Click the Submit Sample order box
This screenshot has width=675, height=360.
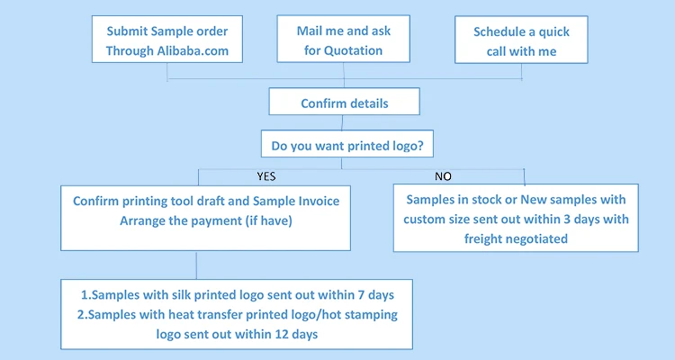pyautogui.click(x=167, y=41)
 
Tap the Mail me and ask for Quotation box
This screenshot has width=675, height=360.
pyautogui.click(x=344, y=41)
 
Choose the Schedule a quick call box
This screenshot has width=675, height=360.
pyautogui.click(x=521, y=41)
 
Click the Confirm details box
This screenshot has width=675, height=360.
pyautogui.click(x=345, y=103)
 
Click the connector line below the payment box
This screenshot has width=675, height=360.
pyautogui.click(x=196, y=265)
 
